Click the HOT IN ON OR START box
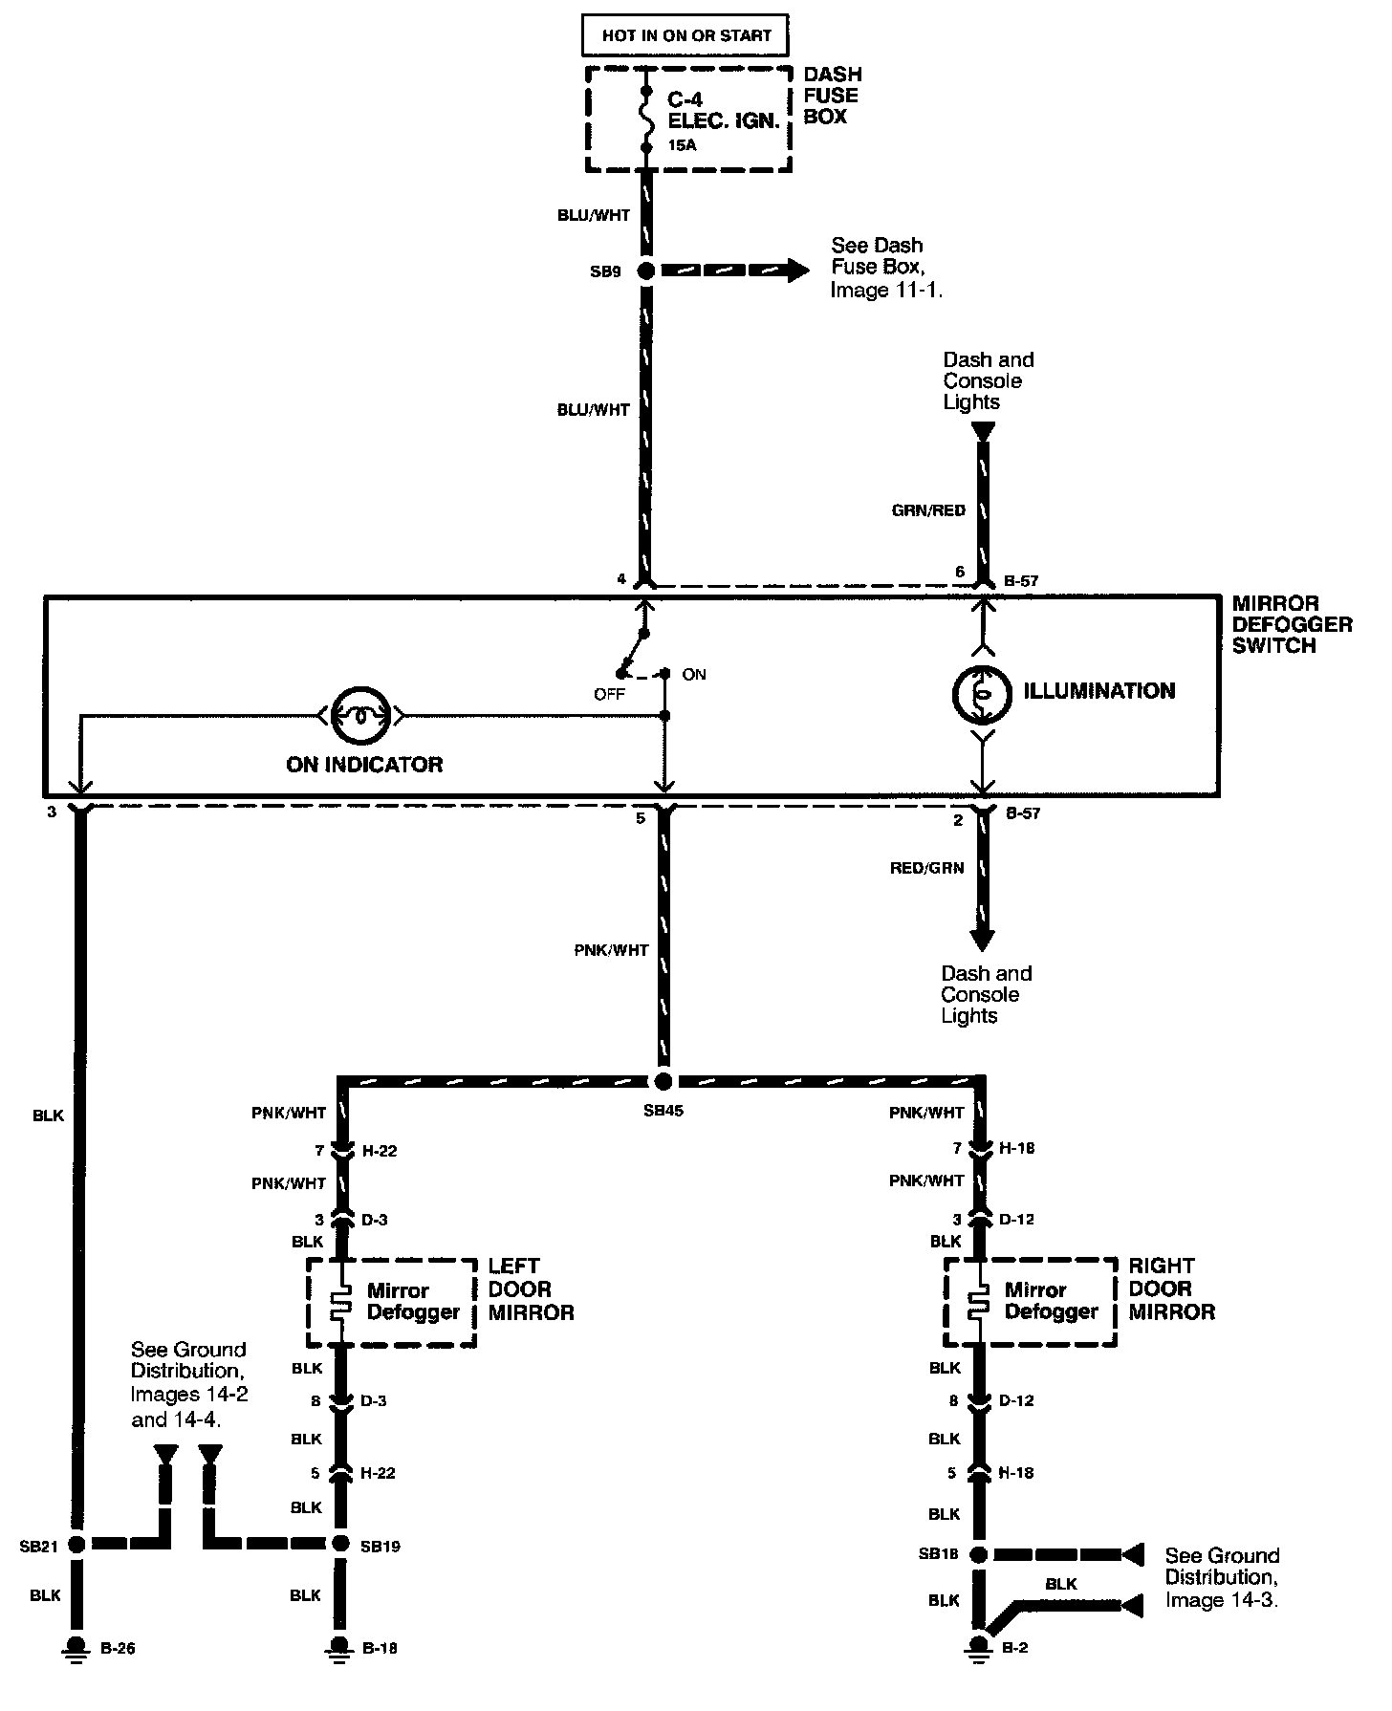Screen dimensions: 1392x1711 685,36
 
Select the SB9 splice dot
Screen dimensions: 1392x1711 646,271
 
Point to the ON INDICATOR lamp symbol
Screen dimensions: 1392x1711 361,715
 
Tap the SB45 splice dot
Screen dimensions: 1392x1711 662,1081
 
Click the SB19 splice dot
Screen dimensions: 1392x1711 340,1544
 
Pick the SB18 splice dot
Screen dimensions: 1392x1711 978,1553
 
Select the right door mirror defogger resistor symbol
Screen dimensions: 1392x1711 978,1302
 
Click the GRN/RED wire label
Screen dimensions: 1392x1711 928,510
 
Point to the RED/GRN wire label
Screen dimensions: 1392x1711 926,868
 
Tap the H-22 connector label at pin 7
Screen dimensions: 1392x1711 380,1151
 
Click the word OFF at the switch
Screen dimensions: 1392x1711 609,694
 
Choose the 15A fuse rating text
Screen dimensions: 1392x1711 683,146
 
